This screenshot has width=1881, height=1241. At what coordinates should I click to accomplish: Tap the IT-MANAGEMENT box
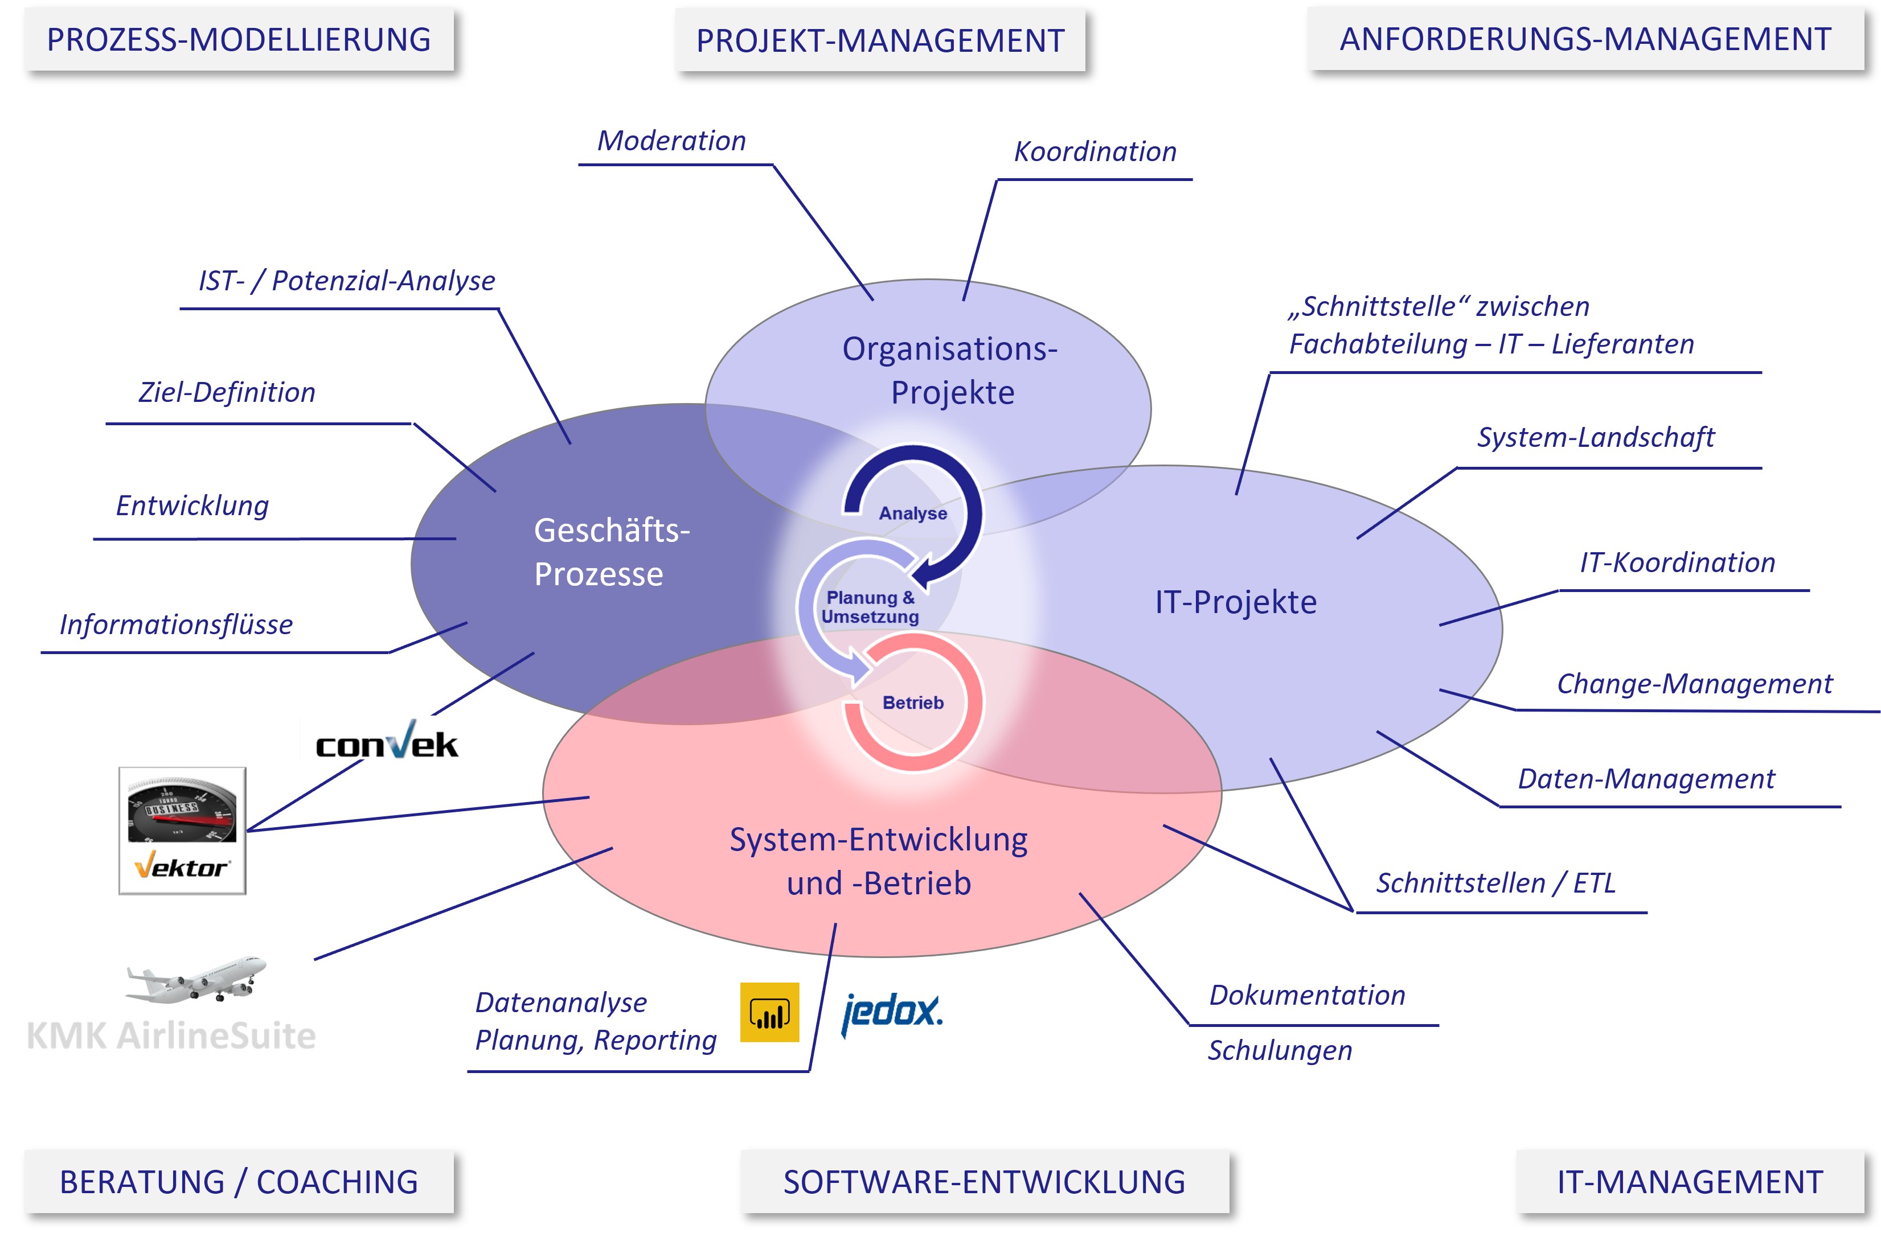click(x=1690, y=1182)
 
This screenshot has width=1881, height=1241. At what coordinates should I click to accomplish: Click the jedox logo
click(x=892, y=1012)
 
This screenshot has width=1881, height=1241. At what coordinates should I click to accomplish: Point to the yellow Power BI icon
click(x=769, y=1012)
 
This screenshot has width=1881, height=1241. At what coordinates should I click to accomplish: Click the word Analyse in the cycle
click(x=913, y=513)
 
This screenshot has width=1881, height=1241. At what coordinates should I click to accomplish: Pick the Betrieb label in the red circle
click(x=913, y=703)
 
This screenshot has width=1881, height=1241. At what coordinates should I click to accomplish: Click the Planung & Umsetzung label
click(x=870, y=607)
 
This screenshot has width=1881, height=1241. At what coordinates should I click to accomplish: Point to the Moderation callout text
click(x=671, y=141)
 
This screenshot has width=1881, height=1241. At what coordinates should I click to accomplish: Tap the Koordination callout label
click(x=1095, y=151)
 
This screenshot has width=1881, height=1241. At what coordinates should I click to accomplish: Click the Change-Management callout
click(x=1694, y=684)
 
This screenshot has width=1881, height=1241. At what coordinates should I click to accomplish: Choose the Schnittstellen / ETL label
click(x=1495, y=882)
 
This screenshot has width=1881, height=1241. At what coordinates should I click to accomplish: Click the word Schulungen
click(x=1279, y=1050)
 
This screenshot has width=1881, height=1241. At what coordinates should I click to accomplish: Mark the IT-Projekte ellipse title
click(x=1236, y=602)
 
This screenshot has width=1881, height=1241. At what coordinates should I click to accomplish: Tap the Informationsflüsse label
click(x=176, y=624)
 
